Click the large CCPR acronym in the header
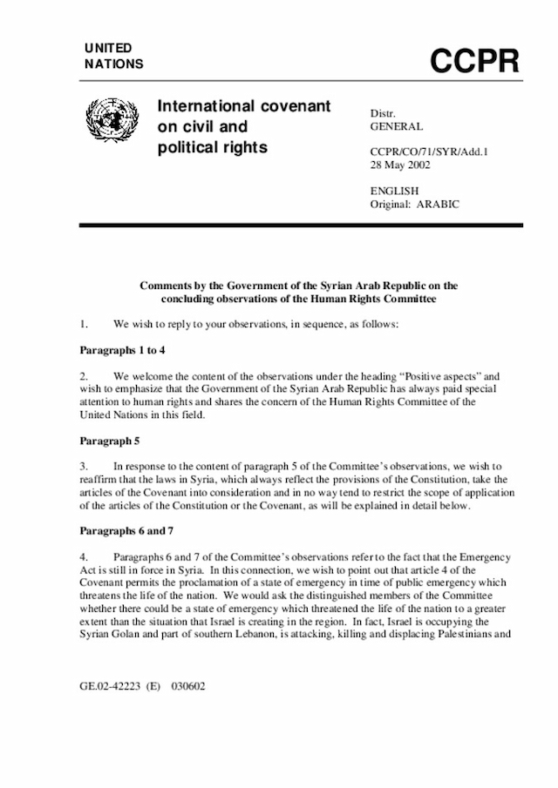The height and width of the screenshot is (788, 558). click(x=474, y=60)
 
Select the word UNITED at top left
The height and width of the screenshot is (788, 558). click(x=109, y=48)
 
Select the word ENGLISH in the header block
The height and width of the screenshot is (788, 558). click(x=395, y=190)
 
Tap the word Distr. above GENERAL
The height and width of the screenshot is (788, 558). click(x=383, y=112)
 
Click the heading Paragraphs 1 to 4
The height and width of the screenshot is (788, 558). click(x=122, y=349)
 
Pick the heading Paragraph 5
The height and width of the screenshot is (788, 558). click(x=109, y=441)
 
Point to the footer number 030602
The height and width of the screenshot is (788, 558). click(x=187, y=685)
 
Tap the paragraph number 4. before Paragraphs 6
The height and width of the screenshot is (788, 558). click(x=84, y=556)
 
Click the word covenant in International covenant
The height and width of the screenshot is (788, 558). click(x=297, y=106)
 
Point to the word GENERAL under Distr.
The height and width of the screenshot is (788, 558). click(x=397, y=126)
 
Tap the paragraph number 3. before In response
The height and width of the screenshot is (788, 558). click(x=84, y=468)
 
